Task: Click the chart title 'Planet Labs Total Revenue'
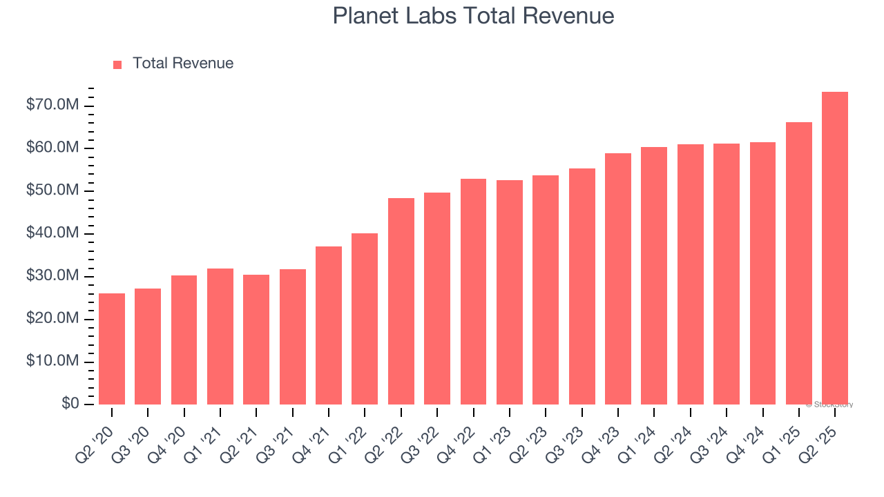pyautogui.click(x=473, y=16)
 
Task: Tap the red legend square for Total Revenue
pyautogui.click(x=117, y=64)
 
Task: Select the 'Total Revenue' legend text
pyautogui.click(x=183, y=64)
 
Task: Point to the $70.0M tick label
pyautogui.click(x=52, y=106)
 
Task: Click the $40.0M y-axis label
pyautogui.click(x=52, y=234)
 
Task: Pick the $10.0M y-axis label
pyautogui.click(x=52, y=362)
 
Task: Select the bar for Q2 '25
pyautogui.click(x=835, y=248)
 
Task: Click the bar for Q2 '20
pyautogui.click(x=112, y=349)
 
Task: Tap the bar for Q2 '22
pyautogui.click(x=401, y=301)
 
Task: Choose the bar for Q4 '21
pyautogui.click(x=329, y=325)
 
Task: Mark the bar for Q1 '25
pyautogui.click(x=799, y=263)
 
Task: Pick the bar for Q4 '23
pyautogui.click(x=618, y=279)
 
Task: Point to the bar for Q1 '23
pyautogui.click(x=510, y=292)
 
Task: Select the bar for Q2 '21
pyautogui.click(x=256, y=340)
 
